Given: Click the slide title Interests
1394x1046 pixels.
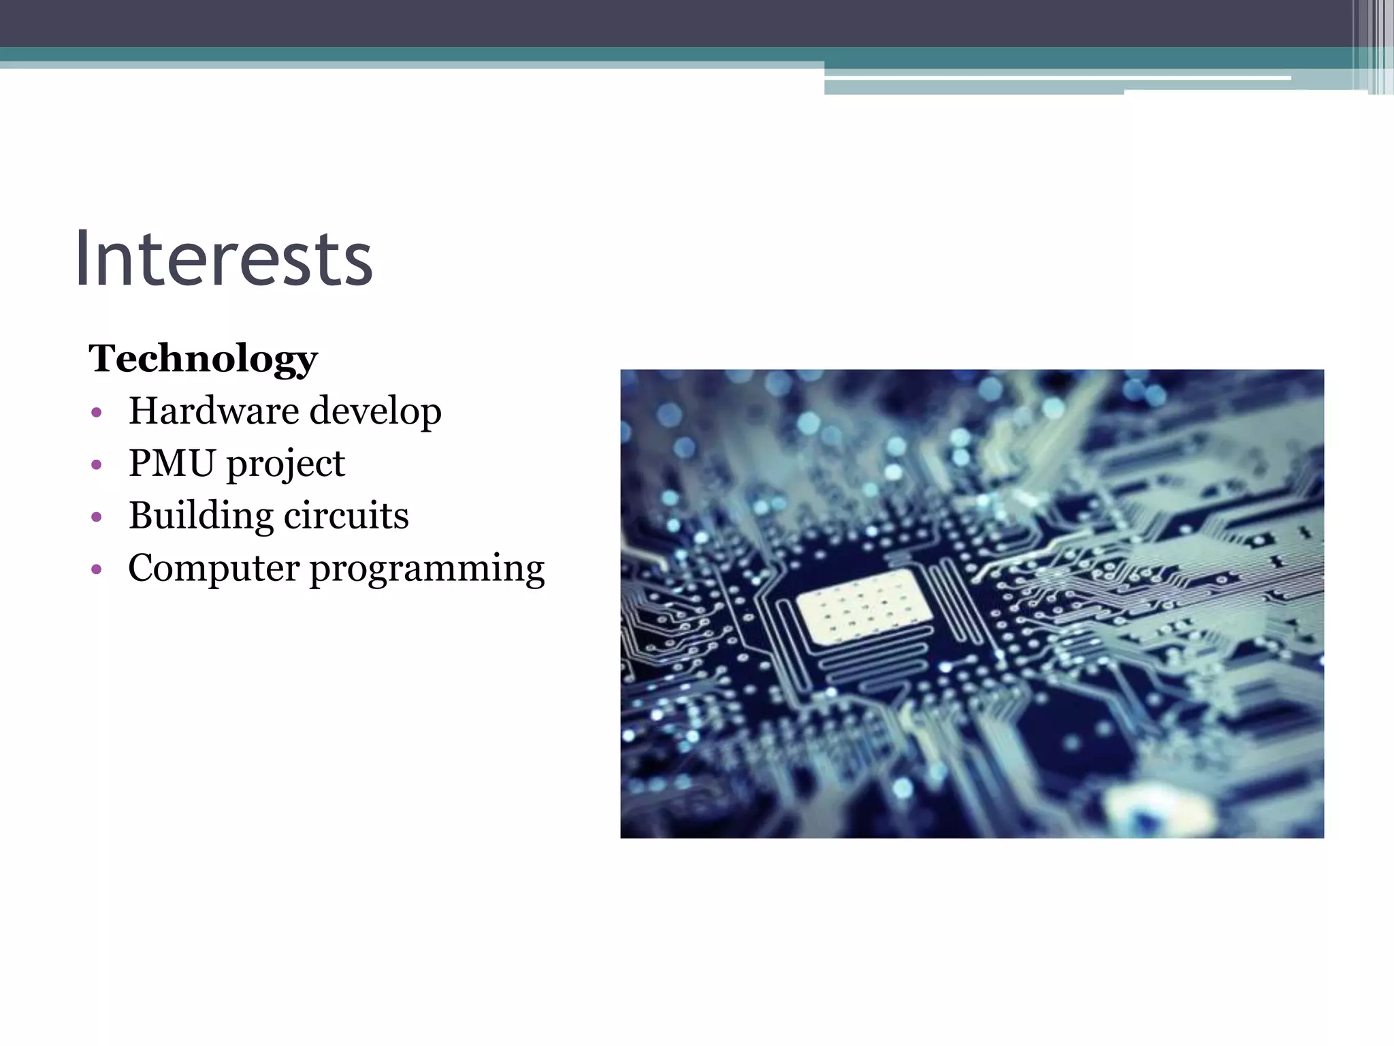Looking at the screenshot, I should (x=224, y=259).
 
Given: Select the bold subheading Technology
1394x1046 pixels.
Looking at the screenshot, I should (x=203, y=358).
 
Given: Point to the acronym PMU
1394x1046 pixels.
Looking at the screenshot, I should (x=172, y=463).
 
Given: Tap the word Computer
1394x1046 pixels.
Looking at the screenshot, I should (x=213, y=569).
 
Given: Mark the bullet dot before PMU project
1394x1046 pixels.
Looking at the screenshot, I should (x=96, y=465).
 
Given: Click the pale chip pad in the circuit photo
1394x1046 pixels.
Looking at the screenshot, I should (x=864, y=606).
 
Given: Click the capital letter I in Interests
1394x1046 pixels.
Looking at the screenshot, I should (x=84, y=259).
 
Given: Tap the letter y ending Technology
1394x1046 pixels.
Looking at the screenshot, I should (x=307, y=362).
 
